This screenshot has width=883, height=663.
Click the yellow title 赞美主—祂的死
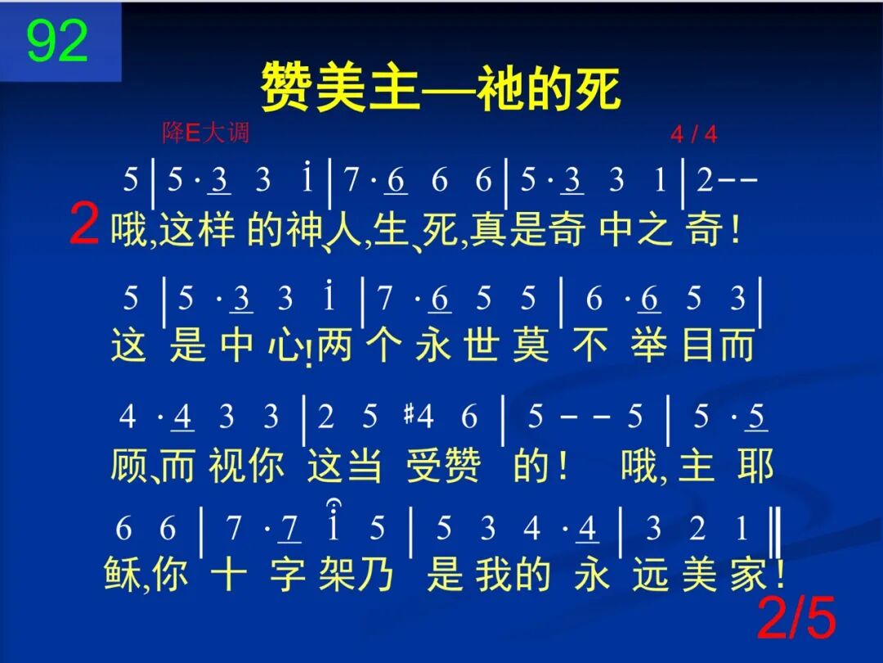pyautogui.click(x=440, y=88)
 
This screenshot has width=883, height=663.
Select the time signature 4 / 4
pyautogui.click(x=693, y=134)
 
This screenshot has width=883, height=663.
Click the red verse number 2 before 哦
pyautogui.click(x=84, y=226)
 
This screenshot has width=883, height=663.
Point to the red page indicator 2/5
pyautogui.click(x=797, y=620)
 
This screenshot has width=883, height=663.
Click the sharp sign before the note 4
pyautogui.click(x=408, y=417)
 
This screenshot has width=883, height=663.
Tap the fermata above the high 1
pyautogui.click(x=334, y=505)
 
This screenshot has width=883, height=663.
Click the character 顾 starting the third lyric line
pyautogui.click(x=128, y=465)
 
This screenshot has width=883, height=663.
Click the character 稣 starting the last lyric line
pyautogui.click(x=123, y=575)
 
